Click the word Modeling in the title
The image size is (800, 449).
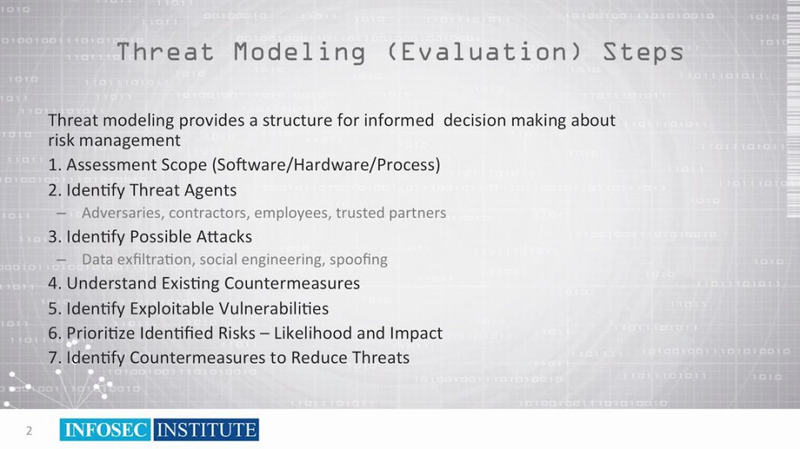tap(299, 53)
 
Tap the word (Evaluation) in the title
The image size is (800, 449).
tap(484, 52)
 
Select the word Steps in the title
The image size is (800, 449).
tap(643, 53)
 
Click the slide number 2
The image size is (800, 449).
tap(29, 431)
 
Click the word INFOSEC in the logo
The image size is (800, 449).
tap(105, 430)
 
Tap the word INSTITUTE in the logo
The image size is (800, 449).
tap(206, 430)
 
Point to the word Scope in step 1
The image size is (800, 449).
tap(184, 165)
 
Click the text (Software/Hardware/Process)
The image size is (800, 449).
tap(326, 165)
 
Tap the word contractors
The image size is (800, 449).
tap(209, 213)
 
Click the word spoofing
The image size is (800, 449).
tap(358, 260)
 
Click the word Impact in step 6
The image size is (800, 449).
tap(416, 333)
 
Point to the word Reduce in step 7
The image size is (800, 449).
tap(316, 358)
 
